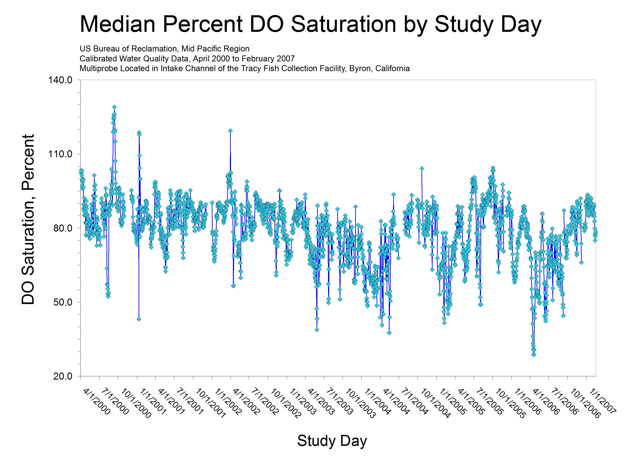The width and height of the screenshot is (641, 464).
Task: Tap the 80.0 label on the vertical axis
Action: pos(63,228)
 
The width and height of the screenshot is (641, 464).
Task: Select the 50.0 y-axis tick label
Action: pos(63,302)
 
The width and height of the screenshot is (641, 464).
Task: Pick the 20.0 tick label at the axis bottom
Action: pos(63,376)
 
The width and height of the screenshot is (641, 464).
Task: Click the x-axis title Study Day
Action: pos(332,441)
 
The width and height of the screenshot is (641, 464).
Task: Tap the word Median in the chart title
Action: pos(118,24)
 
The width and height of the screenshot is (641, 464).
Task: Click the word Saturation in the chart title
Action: pos(343,24)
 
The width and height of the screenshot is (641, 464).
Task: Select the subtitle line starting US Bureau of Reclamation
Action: pos(164,49)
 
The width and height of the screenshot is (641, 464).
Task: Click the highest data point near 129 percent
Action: pos(114,107)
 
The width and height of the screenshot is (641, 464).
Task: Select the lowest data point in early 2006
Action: pos(534,355)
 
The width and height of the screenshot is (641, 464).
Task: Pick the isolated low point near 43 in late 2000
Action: pos(139,319)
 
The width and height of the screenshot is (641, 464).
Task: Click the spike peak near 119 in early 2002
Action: pos(230,131)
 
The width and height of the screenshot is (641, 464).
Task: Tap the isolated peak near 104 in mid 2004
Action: pos(422,168)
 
